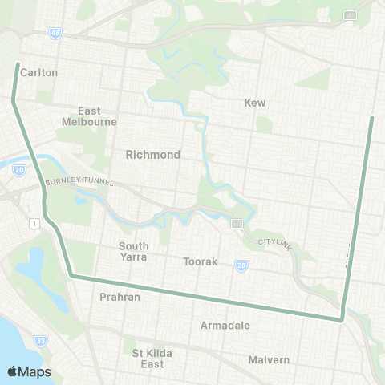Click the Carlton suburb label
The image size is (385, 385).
39,72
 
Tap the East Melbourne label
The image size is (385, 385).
89,116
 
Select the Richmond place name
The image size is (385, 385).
152,154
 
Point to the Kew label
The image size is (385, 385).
254,103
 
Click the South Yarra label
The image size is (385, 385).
134,251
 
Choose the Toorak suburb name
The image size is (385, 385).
201,261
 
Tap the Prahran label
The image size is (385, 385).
120,297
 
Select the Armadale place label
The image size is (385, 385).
225,326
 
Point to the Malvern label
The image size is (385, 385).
269,359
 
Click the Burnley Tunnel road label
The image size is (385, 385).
81,182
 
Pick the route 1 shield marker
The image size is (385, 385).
34,221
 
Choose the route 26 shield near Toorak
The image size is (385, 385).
241,265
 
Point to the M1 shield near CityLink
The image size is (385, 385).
237,224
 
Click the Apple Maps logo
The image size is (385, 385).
29,371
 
